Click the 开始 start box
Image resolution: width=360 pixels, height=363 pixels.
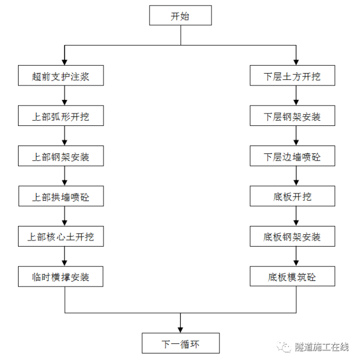[180, 16]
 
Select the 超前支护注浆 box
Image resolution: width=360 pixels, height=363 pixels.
[61, 76]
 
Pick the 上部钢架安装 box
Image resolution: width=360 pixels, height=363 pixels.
[61, 157]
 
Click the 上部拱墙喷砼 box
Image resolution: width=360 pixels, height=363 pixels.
[61, 197]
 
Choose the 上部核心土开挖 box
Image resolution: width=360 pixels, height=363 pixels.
[61, 237]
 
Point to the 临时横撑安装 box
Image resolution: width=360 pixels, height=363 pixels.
[61, 276]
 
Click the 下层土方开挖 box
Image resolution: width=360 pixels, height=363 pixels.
[292, 76]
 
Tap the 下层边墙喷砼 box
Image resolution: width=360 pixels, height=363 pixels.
[292, 157]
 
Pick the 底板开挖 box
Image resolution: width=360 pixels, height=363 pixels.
[292, 197]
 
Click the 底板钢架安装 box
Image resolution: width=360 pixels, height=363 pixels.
[292, 237]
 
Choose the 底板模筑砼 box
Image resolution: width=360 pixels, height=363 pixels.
[292, 276]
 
